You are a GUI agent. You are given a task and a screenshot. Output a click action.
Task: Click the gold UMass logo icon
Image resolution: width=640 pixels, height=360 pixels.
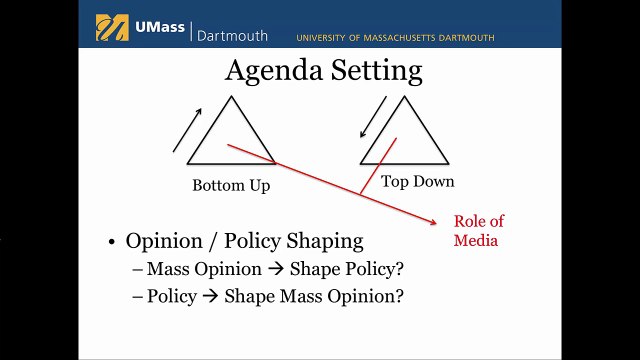coord(112,28)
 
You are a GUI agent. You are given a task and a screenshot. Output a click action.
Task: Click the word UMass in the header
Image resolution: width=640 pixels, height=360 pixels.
coord(160,27)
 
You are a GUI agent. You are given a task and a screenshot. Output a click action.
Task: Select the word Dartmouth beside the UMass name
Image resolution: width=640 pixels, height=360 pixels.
coord(232,36)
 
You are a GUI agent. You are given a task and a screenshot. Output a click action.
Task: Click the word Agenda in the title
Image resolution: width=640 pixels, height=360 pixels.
coord(274,71)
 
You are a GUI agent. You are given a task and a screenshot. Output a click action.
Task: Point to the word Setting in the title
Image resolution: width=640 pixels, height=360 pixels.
coord(376,71)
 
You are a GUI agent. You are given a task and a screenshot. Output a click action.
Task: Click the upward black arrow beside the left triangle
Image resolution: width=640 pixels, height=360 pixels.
coord(187,130)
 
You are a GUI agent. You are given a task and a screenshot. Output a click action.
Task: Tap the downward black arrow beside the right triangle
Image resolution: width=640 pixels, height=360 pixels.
coord(373,117)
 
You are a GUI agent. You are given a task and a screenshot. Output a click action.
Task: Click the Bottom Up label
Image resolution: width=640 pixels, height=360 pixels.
coord(231,186)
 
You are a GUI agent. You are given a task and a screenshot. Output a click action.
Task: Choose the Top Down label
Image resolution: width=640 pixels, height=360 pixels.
coord(418,182)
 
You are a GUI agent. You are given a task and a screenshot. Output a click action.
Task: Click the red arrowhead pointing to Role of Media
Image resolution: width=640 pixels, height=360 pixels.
coord(433,222)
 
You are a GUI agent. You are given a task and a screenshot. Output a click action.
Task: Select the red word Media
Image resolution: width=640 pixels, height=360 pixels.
coord(476,240)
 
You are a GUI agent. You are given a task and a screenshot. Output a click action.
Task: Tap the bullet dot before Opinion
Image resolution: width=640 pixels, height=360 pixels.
coord(112,242)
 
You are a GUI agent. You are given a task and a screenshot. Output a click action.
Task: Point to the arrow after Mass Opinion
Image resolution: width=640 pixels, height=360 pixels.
coord(276,269)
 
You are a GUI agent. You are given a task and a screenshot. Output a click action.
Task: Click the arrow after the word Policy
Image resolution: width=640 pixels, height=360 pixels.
coord(211,296)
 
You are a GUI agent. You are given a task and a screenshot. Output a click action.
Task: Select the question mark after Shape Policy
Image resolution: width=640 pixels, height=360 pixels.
coord(399,269)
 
